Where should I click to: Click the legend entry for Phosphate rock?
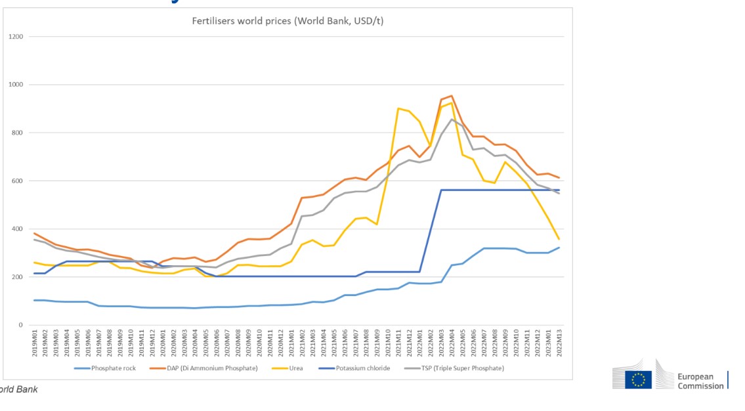pyautogui.click(x=114, y=368)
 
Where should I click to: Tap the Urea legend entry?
pyautogui.click(x=296, y=368)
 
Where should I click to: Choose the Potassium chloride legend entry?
pyautogui.click(x=363, y=368)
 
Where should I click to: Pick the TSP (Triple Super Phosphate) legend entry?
pyautogui.click(x=461, y=368)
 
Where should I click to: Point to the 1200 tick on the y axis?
pyautogui.click(x=16, y=37)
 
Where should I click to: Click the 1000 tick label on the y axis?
pyautogui.click(x=16, y=85)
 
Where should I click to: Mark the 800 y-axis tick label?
pyautogui.click(x=17, y=133)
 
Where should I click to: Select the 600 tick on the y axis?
pyautogui.click(x=17, y=181)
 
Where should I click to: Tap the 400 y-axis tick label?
pyautogui.click(x=17, y=229)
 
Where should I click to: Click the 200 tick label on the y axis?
pyautogui.click(x=17, y=277)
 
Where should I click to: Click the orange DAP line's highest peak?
pyautogui.click(x=451, y=96)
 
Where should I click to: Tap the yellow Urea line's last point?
pyautogui.click(x=559, y=239)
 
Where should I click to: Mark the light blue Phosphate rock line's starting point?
pyautogui.click(x=35, y=300)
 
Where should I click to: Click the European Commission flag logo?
pyautogui.click(x=638, y=379)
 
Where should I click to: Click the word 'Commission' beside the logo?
pyautogui.click(x=700, y=386)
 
